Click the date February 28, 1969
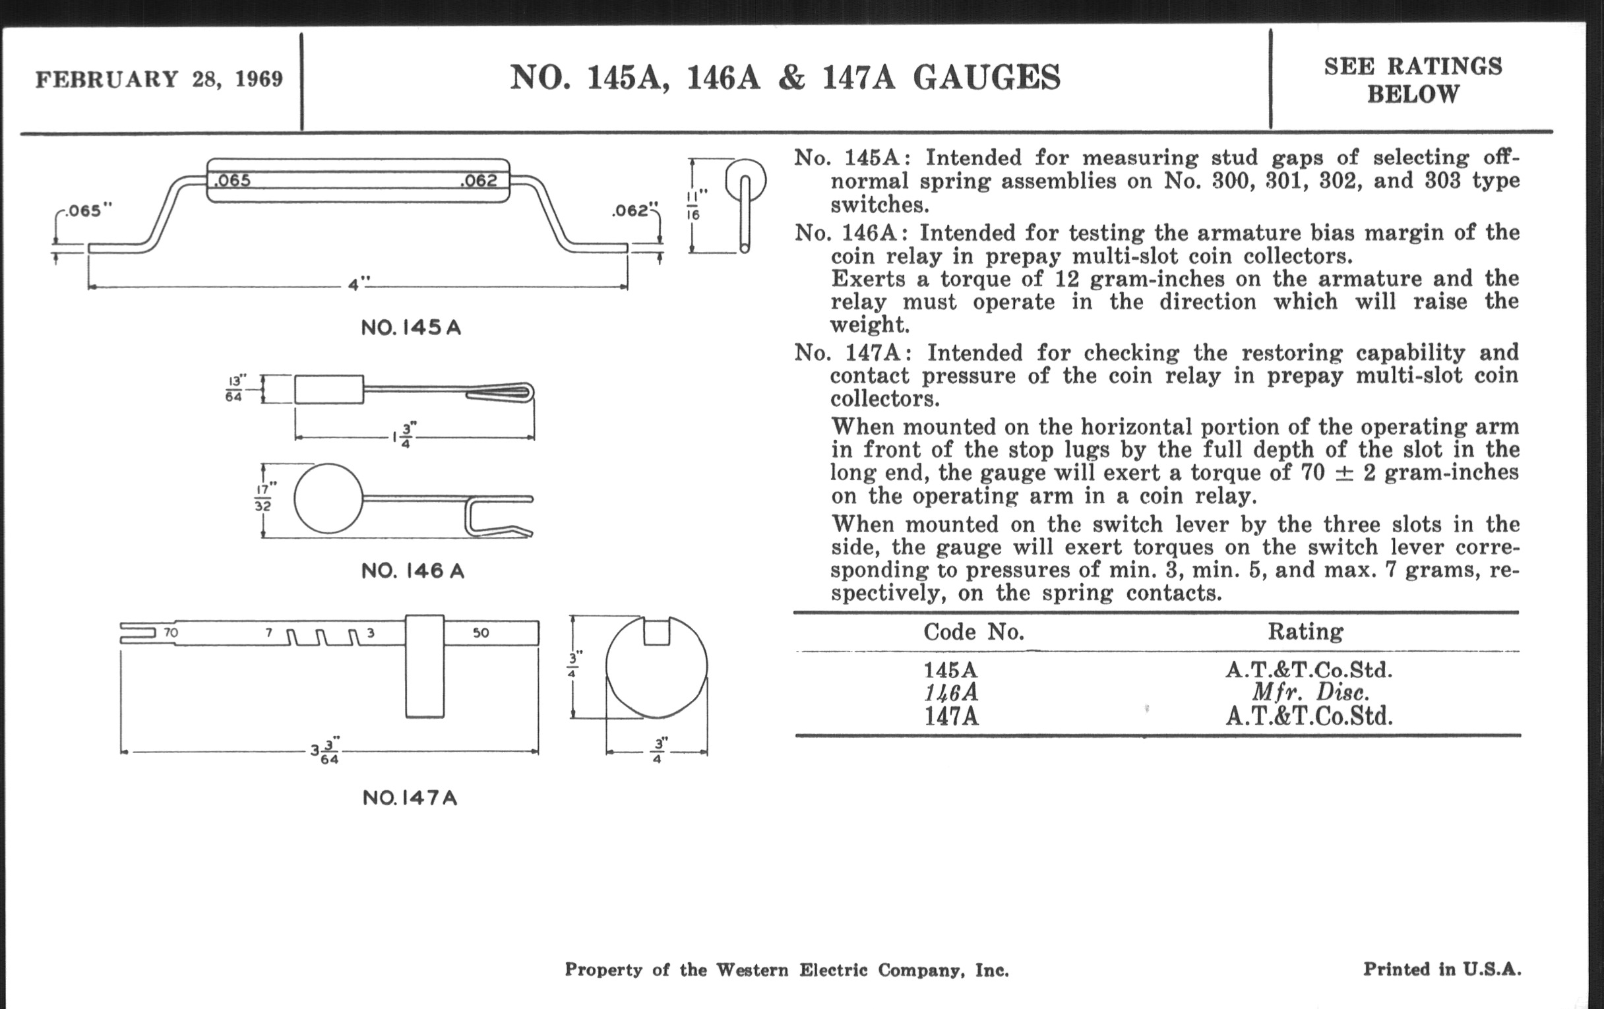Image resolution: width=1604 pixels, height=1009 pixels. click(159, 78)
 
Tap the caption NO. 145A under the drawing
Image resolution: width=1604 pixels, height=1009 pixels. click(411, 328)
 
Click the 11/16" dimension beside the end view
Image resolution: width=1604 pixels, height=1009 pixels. click(693, 205)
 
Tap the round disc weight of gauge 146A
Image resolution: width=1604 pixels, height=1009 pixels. click(328, 498)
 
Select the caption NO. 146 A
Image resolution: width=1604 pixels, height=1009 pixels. click(412, 570)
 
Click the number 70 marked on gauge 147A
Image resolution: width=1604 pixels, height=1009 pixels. click(171, 632)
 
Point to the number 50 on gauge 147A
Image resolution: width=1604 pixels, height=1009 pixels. click(481, 632)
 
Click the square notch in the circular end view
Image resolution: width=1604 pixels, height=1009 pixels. click(656, 631)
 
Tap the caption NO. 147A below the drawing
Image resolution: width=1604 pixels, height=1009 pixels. click(410, 798)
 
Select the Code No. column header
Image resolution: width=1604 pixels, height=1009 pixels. click(973, 631)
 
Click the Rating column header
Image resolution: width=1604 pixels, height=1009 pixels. click(1305, 631)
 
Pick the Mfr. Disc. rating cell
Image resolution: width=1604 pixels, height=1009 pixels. click(1310, 692)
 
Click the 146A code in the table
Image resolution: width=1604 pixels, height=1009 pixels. click(951, 692)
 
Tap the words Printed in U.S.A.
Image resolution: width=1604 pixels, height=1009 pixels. click(1442, 969)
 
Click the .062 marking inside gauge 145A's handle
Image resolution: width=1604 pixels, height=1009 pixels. click(478, 181)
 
